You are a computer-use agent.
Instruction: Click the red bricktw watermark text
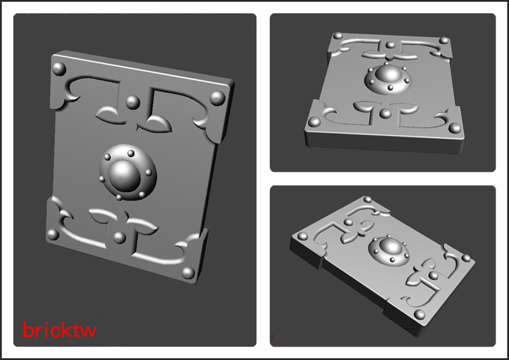pos(59,330)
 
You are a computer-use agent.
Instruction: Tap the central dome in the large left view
pos(123,176)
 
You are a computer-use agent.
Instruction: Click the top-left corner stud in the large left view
pos(59,69)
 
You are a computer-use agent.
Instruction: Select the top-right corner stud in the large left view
pos(218,98)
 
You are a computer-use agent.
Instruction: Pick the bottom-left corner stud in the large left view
pos(53,234)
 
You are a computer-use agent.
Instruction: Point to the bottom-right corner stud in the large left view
pos(188,273)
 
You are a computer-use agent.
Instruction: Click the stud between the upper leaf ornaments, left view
pos(133,102)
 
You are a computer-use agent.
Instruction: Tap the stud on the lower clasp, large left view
pos(120,237)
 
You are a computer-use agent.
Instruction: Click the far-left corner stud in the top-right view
pos(338,35)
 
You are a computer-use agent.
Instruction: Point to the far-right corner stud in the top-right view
pos(444,41)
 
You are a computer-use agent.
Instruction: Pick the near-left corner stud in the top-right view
pos(314,121)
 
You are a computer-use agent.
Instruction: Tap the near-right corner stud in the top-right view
pos(455,128)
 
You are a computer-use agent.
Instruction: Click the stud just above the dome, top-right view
pos(391,45)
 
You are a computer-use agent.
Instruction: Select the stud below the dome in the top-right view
pos(386,113)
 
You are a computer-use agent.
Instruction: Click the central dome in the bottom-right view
pos(391,247)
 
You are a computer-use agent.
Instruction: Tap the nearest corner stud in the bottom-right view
pos(419,314)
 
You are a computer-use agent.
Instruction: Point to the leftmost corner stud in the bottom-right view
pos(303,236)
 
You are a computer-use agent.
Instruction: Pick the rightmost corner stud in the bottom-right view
pos(466,258)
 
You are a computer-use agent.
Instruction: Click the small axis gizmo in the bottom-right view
pos(274,338)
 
